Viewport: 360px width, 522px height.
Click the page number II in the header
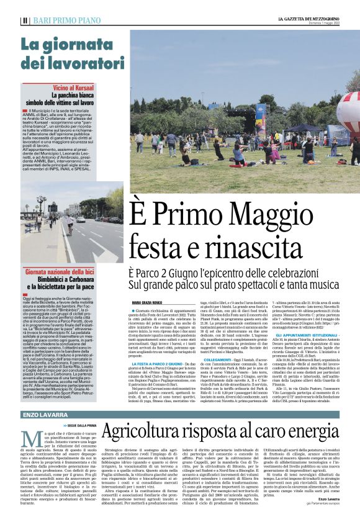point(24,20)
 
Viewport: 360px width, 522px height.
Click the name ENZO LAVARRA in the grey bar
point(48,414)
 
